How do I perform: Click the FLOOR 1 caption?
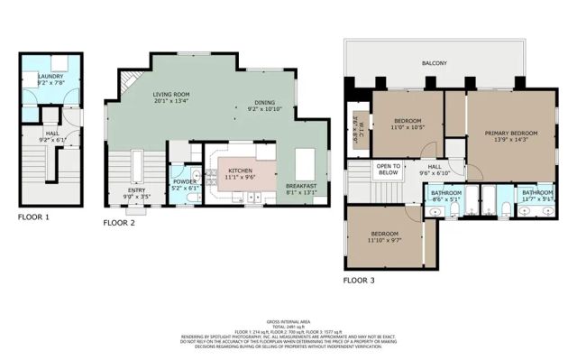tap(33, 217)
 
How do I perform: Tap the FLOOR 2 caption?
tap(118, 221)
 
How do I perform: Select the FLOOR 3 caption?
tap(358, 280)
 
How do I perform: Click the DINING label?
tap(264, 102)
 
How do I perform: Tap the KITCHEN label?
tap(240, 170)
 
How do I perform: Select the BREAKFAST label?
tap(302, 185)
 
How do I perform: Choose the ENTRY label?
tap(138, 189)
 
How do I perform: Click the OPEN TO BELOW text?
tap(389, 170)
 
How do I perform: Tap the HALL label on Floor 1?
tap(51, 134)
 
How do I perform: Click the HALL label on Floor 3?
tap(434, 167)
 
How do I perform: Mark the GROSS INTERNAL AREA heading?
tap(288, 321)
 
